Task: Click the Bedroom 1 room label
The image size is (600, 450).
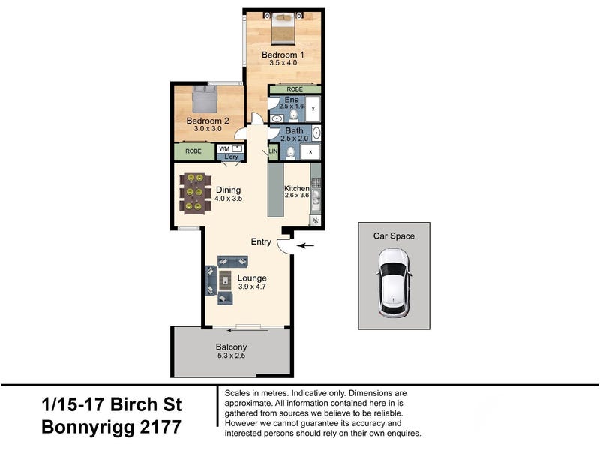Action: pos(283,55)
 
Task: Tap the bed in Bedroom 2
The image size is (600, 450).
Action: pos(204,100)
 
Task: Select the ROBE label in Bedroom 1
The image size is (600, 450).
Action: pos(295,89)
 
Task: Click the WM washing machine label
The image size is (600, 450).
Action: pos(224,148)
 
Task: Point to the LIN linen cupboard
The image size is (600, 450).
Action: pos(273,152)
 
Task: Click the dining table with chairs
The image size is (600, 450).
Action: pos(195,193)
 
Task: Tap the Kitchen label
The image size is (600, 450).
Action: pos(296,188)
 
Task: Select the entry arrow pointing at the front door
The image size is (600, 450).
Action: pos(306,246)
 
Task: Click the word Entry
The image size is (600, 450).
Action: pos(261,241)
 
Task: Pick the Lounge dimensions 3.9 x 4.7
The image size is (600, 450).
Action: pos(252,286)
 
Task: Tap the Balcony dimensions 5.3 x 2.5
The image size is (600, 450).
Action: pos(231,355)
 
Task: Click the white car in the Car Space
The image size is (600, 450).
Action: pos(394,283)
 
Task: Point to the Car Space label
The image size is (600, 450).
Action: pos(394,235)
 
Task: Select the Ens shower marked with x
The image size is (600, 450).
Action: pos(313,109)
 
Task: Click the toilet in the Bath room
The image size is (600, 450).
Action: pos(291,152)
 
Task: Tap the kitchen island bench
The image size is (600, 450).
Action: pos(275,190)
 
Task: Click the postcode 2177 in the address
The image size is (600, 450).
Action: pos(160,427)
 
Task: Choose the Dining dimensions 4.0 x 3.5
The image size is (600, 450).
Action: pos(229,199)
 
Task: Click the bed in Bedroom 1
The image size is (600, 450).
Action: pos(283,29)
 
